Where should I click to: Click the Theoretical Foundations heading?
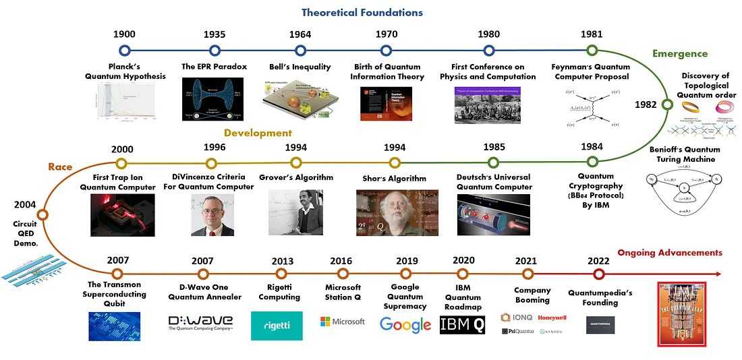point(362,12)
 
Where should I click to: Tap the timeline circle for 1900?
point(124,50)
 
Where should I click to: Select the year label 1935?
point(215,34)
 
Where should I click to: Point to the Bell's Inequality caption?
point(300,67)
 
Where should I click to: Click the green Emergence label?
point(679,54)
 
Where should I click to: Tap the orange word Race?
point(60,167)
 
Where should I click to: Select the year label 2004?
point(26,203)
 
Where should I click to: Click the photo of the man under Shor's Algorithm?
point(395,212)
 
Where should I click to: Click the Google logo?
point(405,324)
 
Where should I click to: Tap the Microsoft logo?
point(343,322)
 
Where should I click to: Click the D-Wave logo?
point(200,322)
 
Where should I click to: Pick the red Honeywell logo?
point(552,318)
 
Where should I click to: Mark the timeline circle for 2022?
point(598,274)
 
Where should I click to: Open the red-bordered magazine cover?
point(681,313)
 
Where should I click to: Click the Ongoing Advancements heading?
point(670,253)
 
